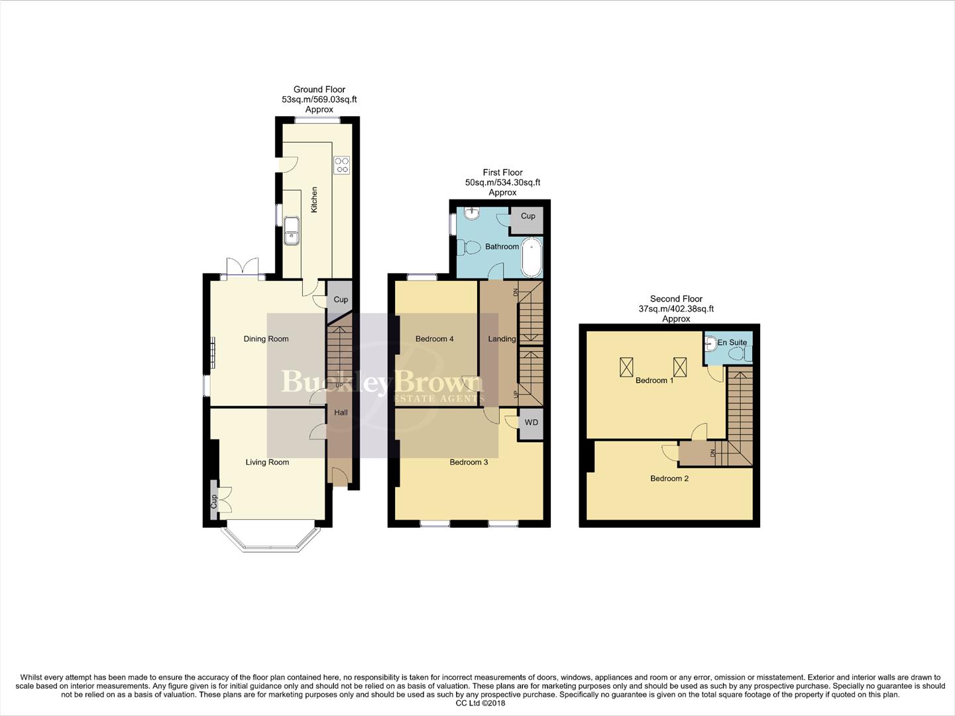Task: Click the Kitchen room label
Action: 315,200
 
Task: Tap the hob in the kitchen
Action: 342,165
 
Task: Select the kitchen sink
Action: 291,230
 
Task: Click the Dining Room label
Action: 266,339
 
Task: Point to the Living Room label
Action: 267,462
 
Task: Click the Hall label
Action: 341,412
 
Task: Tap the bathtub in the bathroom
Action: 532,259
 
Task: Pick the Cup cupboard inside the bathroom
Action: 528,217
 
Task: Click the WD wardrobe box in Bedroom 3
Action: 531,423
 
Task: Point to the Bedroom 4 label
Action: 434,339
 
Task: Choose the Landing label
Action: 502,339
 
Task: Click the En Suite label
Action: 732,342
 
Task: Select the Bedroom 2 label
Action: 669,478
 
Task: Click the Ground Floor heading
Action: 319,89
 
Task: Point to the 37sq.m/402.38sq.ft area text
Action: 676,309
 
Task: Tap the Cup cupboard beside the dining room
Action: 341,300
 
